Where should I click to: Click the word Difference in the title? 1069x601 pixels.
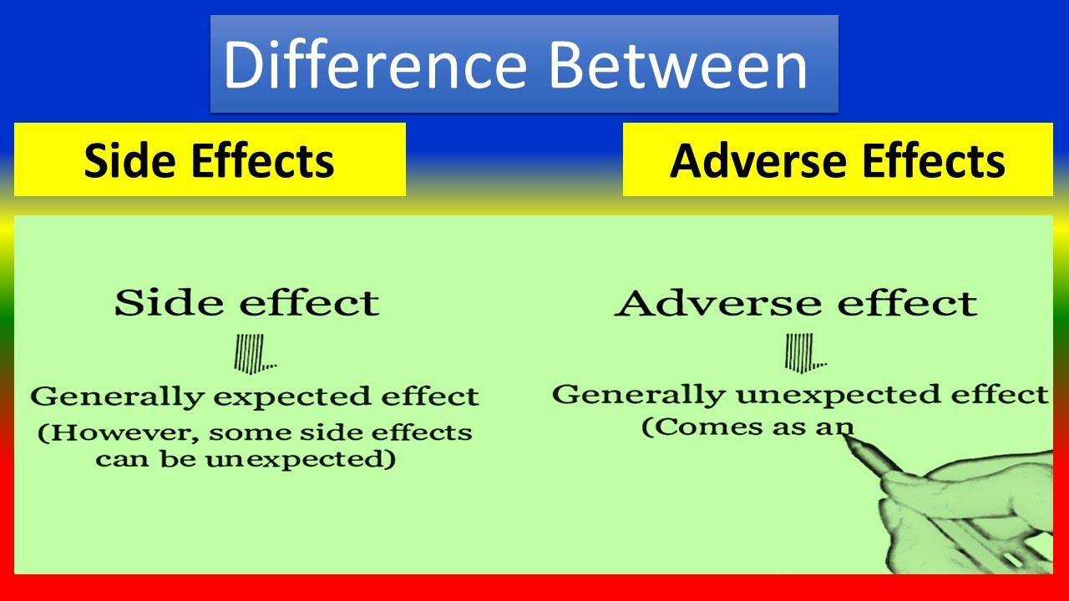point(375,65)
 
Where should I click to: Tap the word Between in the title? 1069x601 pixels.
point(678,65)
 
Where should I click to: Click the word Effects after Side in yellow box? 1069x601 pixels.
point(263,160)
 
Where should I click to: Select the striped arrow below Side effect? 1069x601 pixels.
point(255,353)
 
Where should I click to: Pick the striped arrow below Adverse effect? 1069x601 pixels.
point(806,352)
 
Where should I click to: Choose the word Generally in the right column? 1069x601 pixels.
point(639,396)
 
